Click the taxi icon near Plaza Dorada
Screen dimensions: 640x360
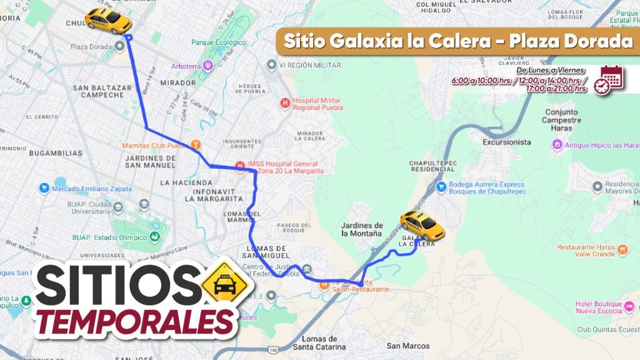108,21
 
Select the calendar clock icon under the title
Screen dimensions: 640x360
609,79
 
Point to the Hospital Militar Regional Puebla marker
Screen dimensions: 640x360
286,102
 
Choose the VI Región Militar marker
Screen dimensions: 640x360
271,65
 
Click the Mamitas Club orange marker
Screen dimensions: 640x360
196,144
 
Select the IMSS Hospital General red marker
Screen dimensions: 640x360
240,166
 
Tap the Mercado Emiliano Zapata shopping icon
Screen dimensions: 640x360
44,188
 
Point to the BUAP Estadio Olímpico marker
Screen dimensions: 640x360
153,237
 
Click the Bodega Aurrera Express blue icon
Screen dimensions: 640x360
441,186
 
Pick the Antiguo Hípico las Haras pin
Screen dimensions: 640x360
557,145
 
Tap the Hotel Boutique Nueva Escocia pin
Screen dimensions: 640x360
629,306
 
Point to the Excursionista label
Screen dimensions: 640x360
506,142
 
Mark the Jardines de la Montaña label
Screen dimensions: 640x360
362,229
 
